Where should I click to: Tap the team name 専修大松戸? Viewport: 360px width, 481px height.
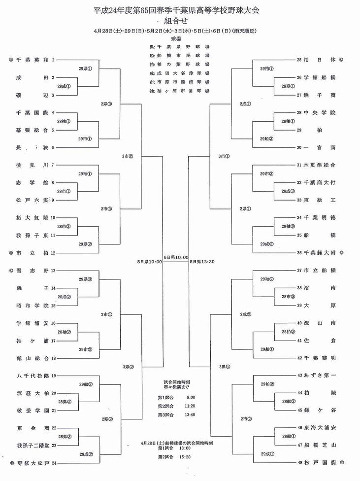pos(32,463)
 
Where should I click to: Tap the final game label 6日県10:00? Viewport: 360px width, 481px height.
pos(176,257)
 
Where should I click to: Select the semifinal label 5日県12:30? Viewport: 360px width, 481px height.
pos(202,262)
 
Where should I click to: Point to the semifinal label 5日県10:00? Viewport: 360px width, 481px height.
pos(150,262)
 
